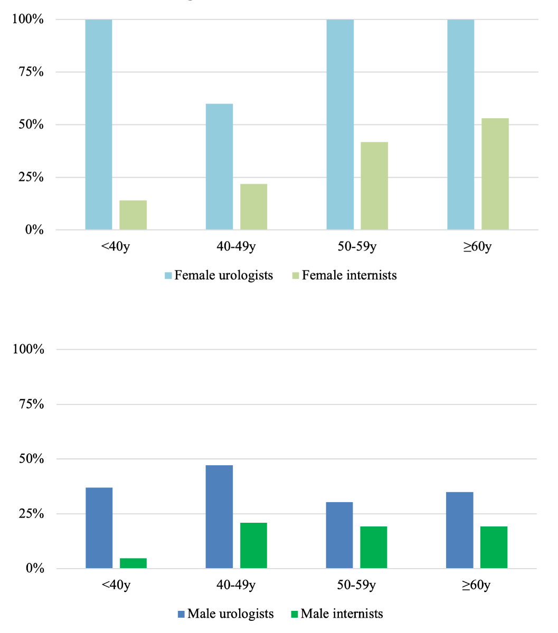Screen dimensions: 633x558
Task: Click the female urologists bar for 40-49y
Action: [219, 167]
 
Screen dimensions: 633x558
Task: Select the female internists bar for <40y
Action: [133, 215]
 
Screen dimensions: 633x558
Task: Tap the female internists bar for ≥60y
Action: [495, 174]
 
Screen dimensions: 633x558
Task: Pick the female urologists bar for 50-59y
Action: [340, 124]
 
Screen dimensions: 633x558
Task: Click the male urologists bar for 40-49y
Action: [219, 517]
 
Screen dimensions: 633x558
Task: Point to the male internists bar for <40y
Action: [133, 563]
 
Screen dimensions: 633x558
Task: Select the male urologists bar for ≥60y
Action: [460, 530]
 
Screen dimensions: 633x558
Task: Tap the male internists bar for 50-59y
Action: [374, 548]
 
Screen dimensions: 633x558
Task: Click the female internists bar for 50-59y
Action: [374, 186]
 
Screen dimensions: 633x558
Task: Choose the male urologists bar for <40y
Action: [99, 528]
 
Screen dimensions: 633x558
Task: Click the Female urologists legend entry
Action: [219, 275]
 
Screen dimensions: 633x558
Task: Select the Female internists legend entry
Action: [344, 275]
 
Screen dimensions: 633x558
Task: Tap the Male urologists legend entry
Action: [226, 614]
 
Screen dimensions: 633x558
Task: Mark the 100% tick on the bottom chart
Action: [29, 349]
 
